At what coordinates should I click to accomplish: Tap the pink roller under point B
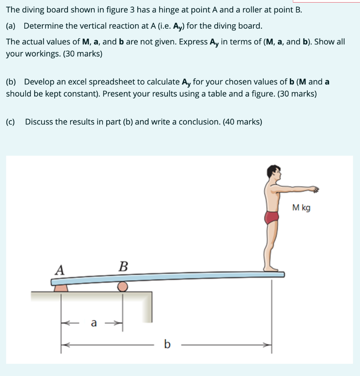[x=123, y=286]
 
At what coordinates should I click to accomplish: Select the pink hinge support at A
[x=61, y=288]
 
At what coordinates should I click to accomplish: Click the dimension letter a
[x=94, y=323]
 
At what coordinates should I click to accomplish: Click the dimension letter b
[x=167, y=344]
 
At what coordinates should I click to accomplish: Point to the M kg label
[x=301, y=208]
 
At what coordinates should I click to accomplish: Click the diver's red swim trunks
[x=272, y=217]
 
